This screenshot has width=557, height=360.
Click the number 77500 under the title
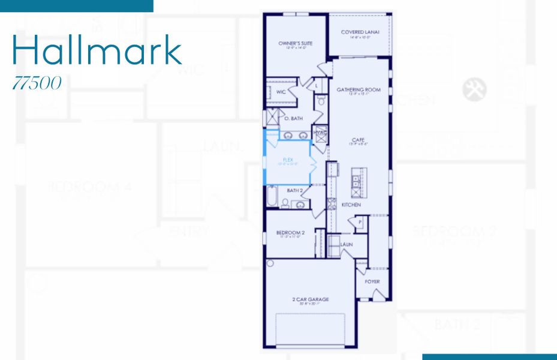(x=37, y=83)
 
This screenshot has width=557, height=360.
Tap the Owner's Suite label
(x=293, y=44)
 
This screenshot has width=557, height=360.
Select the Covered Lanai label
(x=359, y=32)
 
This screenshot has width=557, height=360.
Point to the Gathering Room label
(x=359, y=90)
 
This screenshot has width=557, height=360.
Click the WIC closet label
(x=281, y=92)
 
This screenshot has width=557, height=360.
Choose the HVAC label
(x=320, y=133)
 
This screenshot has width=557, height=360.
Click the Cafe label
(x=359, y=140)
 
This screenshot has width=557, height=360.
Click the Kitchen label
(x=351, y=205)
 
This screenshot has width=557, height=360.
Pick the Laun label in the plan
(x=347, y=245)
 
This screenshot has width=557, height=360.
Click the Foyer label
(x=372, y=281)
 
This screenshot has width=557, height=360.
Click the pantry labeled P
(x=360, y=221)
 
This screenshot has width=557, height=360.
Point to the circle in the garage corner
(x=270, y=263)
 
